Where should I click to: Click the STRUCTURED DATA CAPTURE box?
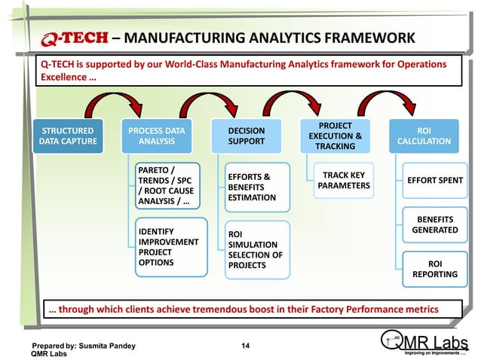pos(67,136)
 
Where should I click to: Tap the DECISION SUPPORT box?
pos(246,136)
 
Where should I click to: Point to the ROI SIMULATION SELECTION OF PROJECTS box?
pos(256,249)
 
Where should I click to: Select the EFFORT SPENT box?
pos(435,181)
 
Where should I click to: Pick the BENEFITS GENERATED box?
pos(434,224)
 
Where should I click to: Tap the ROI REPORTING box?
pos(435,269)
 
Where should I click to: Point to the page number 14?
pos(245,346)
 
